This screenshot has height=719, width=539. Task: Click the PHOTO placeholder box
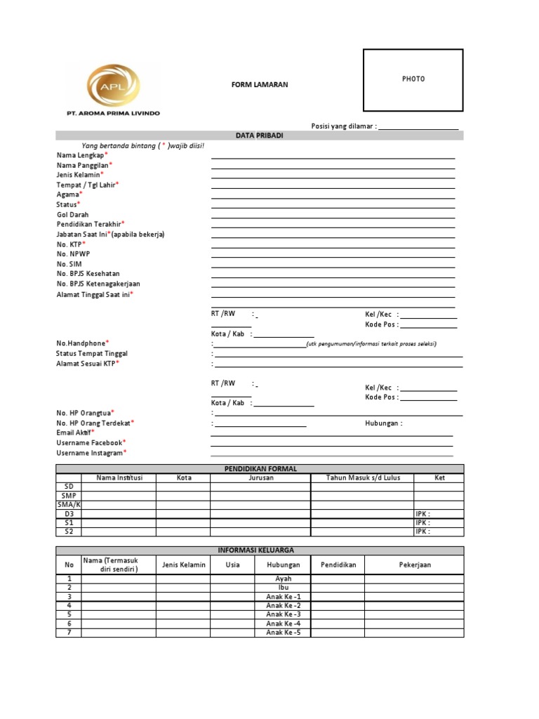[x=413, y=79]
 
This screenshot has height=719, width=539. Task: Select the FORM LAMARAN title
[x=260, y=85]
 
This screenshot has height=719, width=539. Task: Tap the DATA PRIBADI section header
[x=260, y=135]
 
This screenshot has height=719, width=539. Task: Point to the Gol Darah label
[x=72, y=215]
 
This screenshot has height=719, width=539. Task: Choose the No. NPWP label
[x=72, y=253]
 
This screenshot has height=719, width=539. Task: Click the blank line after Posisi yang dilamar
[x=418, y=126]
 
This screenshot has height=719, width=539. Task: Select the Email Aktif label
[x=74, y=433]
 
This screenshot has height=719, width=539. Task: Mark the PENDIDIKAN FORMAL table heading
[x=260, y=468]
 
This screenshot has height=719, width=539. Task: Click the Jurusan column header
[x=260, y=478]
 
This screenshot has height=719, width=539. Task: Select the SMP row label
[x=68, y=496]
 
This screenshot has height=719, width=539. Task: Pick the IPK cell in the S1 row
[x=423, y=523]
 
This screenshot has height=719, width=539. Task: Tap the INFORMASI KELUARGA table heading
[x=260, y=550]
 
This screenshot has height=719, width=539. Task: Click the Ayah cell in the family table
[x=283, y=579]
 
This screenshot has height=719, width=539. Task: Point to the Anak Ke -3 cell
[x=283, y=614]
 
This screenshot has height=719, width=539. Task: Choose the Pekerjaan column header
[x=416, y=565]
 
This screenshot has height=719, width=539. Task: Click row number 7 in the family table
[x=69, y=633]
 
